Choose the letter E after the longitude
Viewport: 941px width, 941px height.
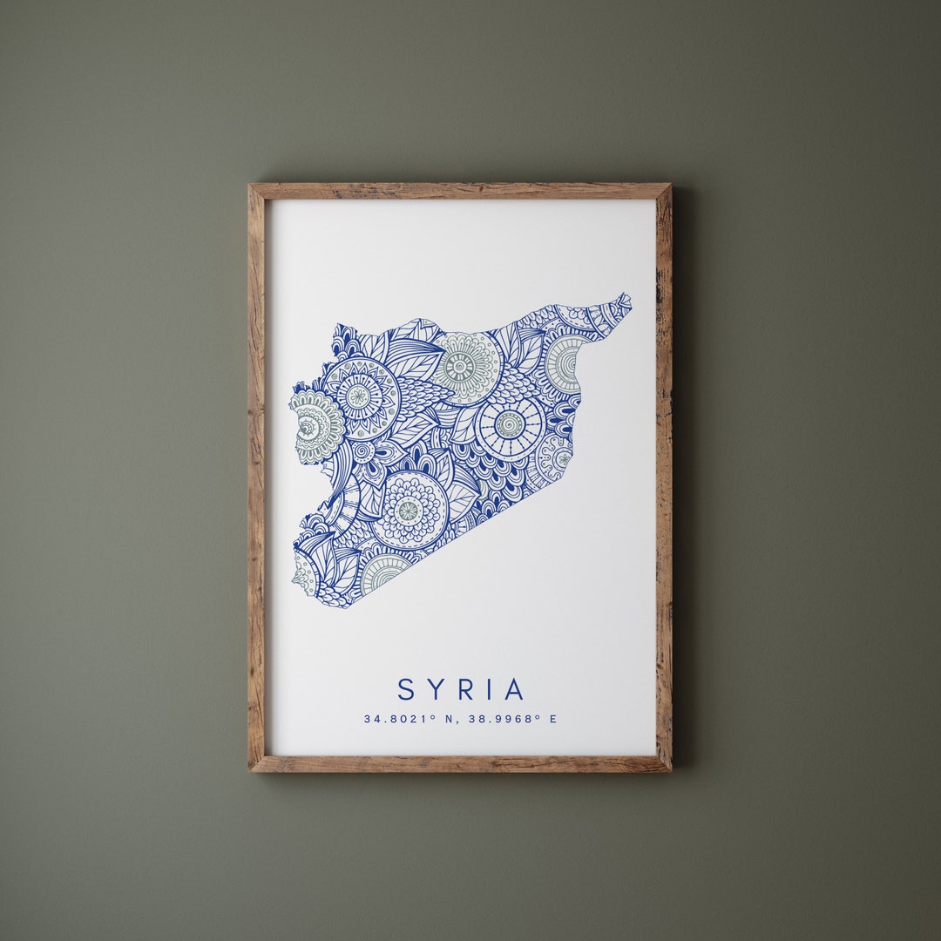click(x=552, y=719)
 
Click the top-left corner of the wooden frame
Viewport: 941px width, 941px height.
click(x=249, y=185)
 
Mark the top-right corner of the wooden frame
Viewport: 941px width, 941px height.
click(x=670, y=185)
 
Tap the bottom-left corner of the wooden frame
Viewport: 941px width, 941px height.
click(x=249, y=771)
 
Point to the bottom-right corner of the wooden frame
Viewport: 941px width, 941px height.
click(x=670, y=771)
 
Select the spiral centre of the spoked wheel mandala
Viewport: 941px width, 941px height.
click(x=510, y=424)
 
